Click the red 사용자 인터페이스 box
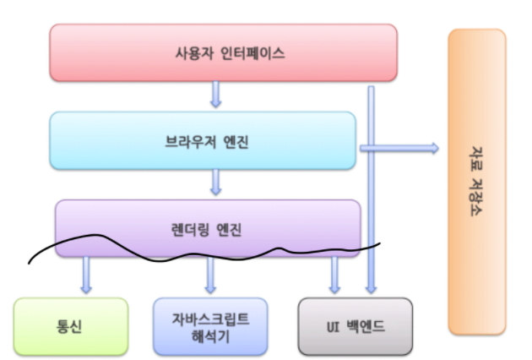coord(223,52)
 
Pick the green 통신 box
coord(71,325)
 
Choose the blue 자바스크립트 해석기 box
coord(210,325)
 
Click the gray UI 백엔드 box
coord(356,325)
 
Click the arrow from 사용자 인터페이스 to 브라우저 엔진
coord(216,94)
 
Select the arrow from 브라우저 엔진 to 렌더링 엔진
coord(216,181)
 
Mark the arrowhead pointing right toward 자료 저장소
coord(433,149)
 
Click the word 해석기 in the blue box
coord(210,335)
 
